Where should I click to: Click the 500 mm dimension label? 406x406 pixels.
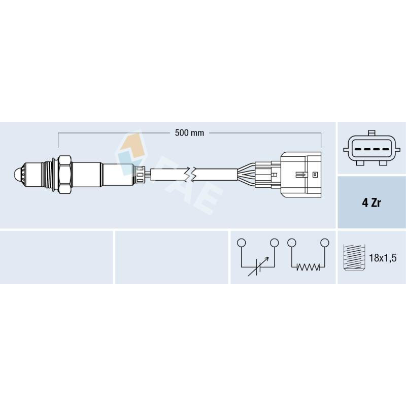[x=189, y=133]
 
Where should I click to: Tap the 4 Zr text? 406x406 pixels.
[x=371, y=202]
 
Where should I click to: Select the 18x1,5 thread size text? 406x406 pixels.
[x=383, y=258]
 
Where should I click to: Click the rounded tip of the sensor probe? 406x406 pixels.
[x=16, y=174]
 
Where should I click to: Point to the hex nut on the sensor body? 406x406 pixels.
[x=64, y=175]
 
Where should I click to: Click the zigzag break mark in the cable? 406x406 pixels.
[x=190, y=174]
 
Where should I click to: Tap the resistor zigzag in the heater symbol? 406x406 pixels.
[x=308, y=267]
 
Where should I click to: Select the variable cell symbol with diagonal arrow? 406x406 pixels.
[x=258, y=267]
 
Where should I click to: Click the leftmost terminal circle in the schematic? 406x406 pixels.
[x=241, y=243]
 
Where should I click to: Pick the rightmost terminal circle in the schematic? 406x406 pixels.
[x=324, y=243]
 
